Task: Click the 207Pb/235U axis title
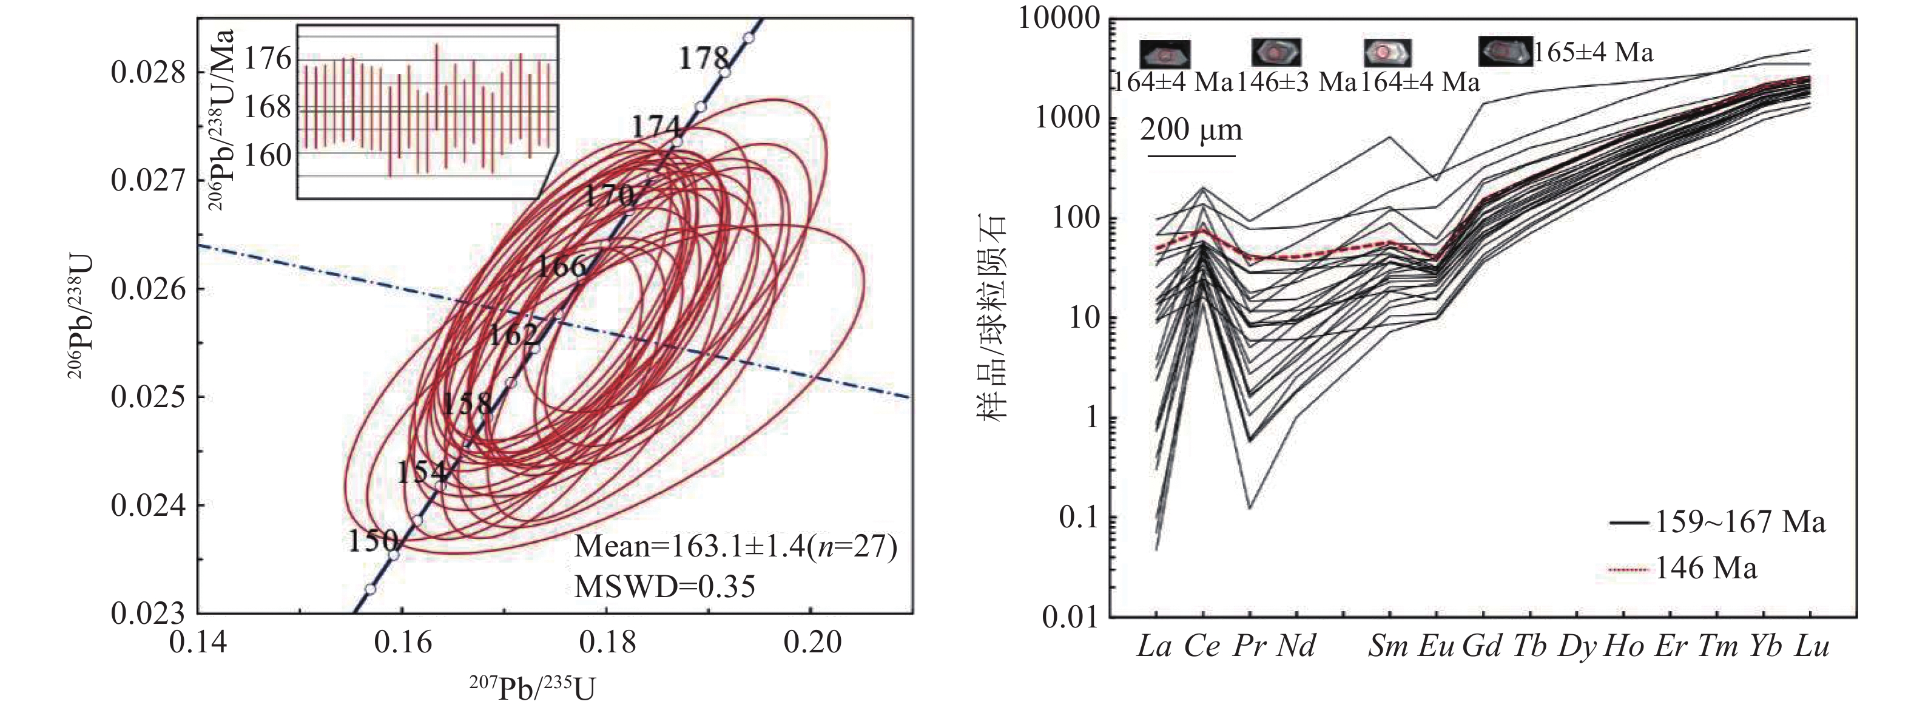pos(532,688)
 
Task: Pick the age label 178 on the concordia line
pos(704,58)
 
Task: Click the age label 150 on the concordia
pos(373,541)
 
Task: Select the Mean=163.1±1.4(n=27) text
pos(735,547)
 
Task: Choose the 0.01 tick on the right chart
pos(1069,617)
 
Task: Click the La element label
pos(1154,647)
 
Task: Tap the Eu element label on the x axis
pos(1436,647)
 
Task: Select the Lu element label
pos(1812,647)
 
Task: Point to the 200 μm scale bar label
pos(1191,130)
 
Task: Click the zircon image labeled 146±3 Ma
pos(1276,52)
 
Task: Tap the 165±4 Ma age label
pos(1594,52)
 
